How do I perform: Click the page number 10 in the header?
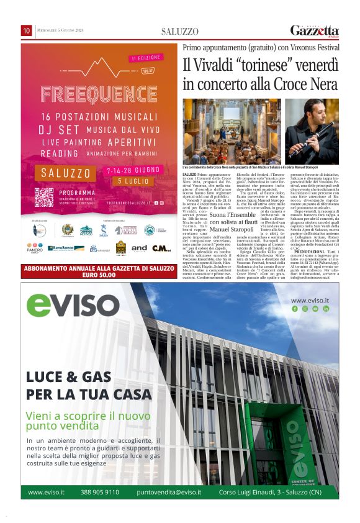coord(27,30)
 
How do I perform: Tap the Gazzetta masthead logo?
coord(315,31)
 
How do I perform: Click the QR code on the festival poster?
coord(44,197)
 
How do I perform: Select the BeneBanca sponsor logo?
coord(66,248)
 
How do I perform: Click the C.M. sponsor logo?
coord(161,248)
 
